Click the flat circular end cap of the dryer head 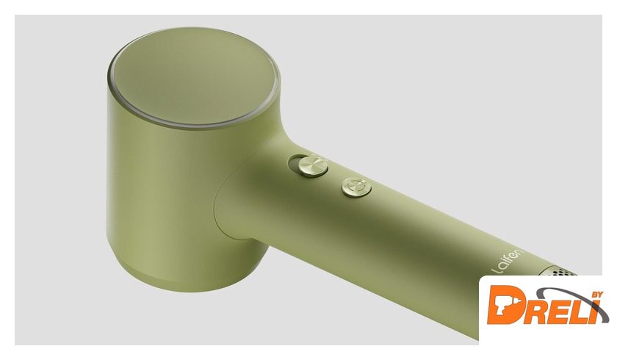(192, 76)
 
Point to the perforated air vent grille (560, 271)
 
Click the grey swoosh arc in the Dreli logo (566, 293)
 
